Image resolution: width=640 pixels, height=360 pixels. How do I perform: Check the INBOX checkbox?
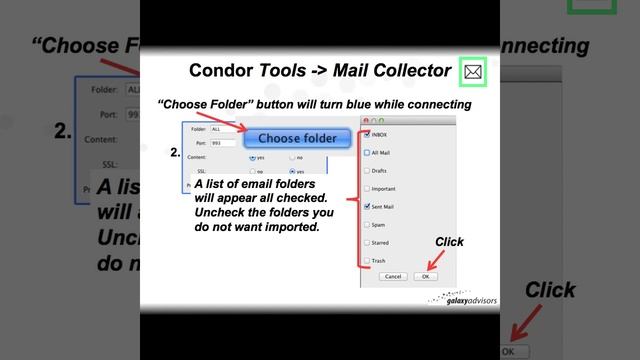(x=368, y=134)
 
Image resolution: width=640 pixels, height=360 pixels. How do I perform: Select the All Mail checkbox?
(x=368, y=153)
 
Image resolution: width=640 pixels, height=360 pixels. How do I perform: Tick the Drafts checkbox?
(x=368, y=170)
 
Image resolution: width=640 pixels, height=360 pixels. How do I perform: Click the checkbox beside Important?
(x=368, y=188)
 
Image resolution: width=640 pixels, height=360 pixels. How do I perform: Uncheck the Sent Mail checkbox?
(x=368, y=206)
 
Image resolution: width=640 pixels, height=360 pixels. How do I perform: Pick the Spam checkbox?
(x=368, y=224)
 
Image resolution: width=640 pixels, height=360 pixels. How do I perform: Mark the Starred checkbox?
(x=368, y=242)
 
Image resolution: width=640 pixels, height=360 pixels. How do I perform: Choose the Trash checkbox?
(x=368, y=260)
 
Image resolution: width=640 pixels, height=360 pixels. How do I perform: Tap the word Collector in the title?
(x=406, y=70)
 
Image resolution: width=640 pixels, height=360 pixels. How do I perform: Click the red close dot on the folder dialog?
(x=365, y=120)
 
